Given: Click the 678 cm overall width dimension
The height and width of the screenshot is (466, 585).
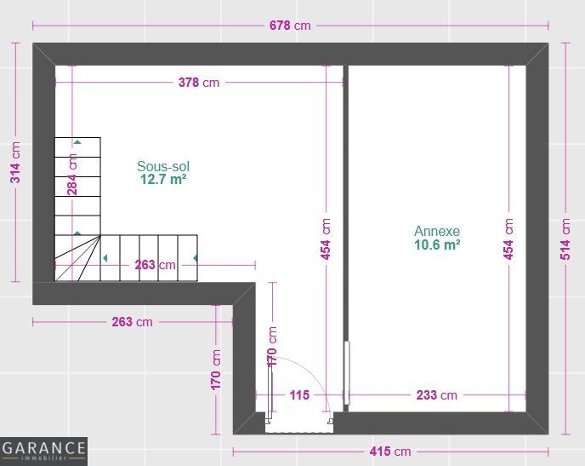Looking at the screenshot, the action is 290,26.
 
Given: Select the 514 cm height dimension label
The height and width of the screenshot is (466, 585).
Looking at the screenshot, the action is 565,239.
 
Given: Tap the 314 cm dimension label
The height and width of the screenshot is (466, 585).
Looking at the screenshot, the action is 15,162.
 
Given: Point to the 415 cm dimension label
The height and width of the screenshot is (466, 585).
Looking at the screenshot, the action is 390,452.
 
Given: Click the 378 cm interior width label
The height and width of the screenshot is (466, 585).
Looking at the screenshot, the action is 199,83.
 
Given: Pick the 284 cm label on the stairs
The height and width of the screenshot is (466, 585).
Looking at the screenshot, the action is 72,175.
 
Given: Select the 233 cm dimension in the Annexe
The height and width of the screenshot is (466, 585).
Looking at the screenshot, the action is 436,395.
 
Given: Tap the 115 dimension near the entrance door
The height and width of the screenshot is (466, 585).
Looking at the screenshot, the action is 299,395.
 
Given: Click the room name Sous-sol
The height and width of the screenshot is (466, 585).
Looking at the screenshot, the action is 163,166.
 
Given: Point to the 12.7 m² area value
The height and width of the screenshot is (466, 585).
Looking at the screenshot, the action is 163,180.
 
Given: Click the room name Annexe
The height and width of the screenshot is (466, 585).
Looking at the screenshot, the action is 437,231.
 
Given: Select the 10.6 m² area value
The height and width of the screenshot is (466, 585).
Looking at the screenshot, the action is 437,245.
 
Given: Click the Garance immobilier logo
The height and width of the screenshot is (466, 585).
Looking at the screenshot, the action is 43,451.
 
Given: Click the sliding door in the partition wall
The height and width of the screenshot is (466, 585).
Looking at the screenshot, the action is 347,372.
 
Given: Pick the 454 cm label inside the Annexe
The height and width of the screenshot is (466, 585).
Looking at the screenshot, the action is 508,239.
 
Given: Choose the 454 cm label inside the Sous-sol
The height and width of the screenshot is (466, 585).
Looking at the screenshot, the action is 326,239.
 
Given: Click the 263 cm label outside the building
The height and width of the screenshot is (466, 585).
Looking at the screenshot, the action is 132,322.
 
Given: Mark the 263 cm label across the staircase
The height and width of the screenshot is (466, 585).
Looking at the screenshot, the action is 155,265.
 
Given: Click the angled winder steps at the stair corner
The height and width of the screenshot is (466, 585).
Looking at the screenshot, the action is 77,258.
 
